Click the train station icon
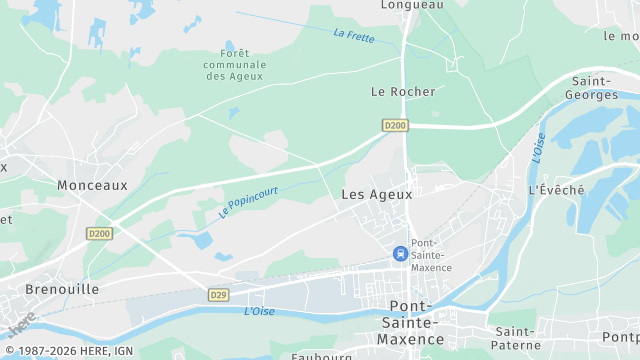tap(401, 254)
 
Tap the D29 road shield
tap(219, 295)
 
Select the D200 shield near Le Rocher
tap(395, 125)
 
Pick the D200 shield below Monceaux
tap(98, 233)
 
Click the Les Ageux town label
tap(370, 194)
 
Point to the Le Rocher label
tap(403, 91)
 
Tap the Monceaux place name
tap(92, 185)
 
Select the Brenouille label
tap(35, 288)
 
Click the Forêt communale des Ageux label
tap(234, 65)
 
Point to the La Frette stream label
tap(354, 35)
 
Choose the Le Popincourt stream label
tap(248, 201)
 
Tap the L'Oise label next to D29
tap(259, 312)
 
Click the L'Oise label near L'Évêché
tap(538, 148)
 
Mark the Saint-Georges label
tap(593, 88)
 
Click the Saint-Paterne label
tap(517, 338)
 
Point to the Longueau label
tap(412, 5)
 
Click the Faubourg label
tap(322, 355)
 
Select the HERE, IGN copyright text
tap(74, 351)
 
